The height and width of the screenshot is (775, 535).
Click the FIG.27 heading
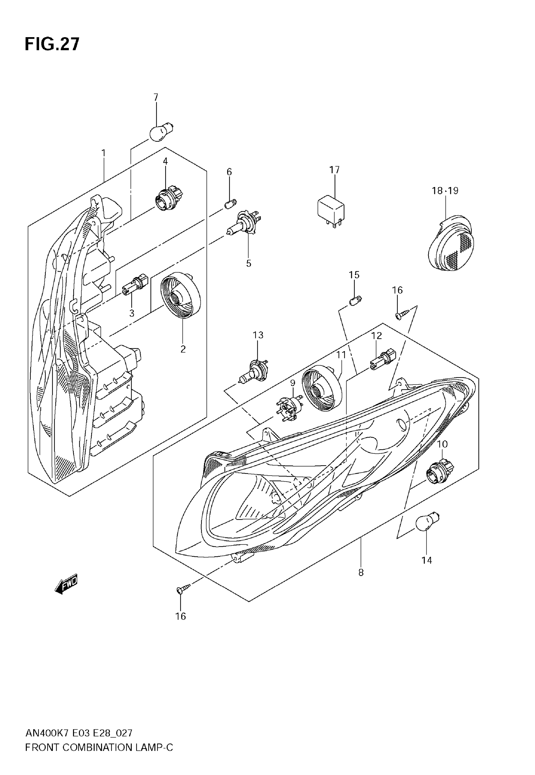(x=52, y=44)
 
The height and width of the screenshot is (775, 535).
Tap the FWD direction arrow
(x=66, y=585)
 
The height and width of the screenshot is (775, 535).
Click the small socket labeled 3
(x=135, y=285)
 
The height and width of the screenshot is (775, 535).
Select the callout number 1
(x=104, y=153)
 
